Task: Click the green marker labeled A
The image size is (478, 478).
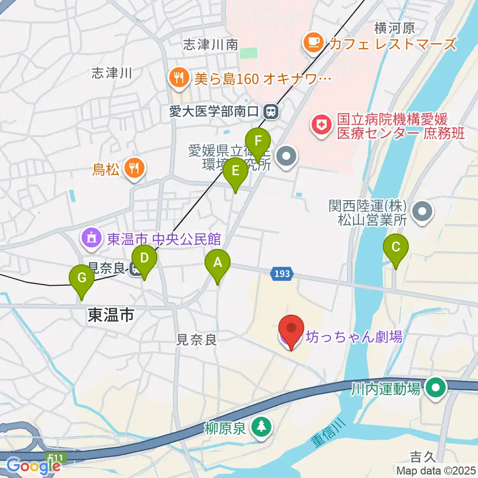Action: pos(218,263)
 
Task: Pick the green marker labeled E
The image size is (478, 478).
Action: pos(236,172)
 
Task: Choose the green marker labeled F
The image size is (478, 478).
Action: pos(258,141)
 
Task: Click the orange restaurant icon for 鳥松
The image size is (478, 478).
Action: pos(133,168)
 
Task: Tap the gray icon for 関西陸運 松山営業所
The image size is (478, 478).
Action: pos(423,211)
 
